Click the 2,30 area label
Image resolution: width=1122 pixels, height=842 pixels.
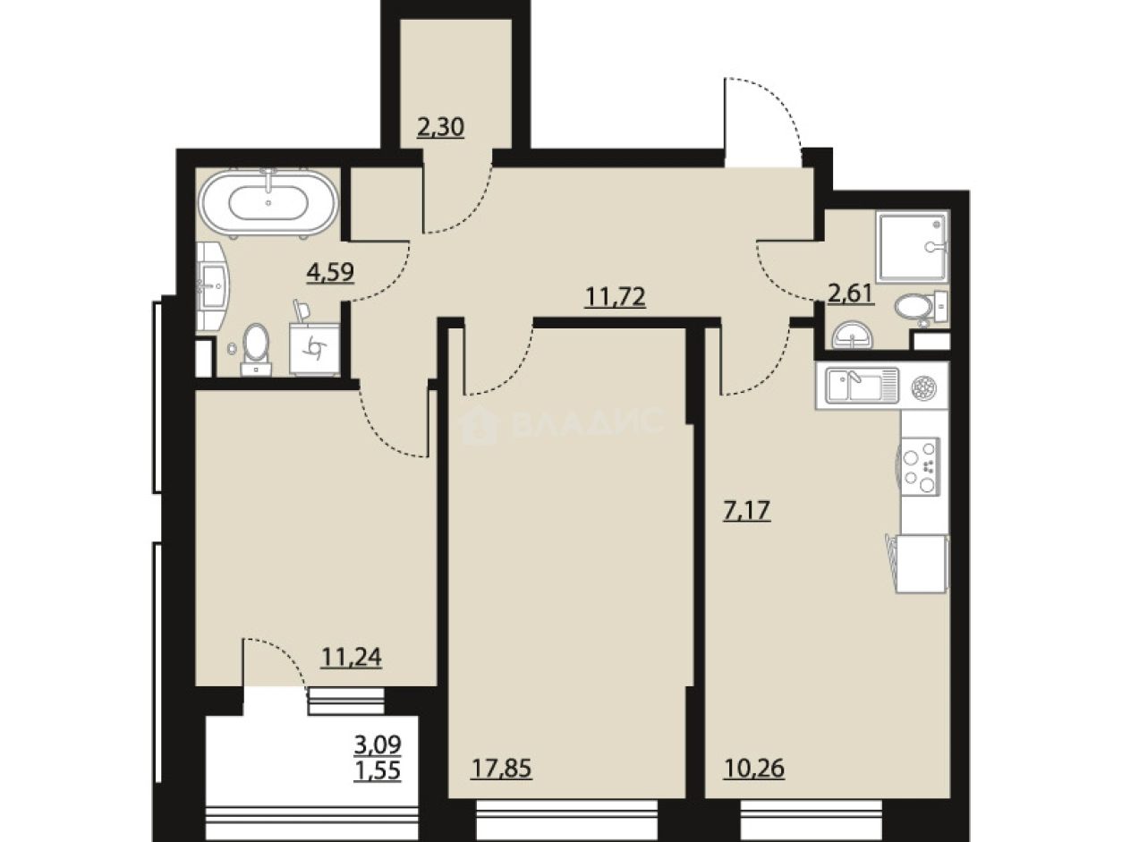click(440, 127)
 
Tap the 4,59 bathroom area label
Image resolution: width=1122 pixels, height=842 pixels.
click(329, 272)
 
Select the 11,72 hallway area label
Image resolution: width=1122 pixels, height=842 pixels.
click(615, 297)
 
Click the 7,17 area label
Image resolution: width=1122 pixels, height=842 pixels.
click(746, 510)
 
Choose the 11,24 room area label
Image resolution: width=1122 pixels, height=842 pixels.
click(351, 657)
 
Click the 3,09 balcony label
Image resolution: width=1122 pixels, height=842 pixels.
click(378, 744)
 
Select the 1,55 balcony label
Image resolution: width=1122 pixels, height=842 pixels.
click(378, 770)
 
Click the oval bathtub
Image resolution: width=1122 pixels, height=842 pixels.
click(268, 203)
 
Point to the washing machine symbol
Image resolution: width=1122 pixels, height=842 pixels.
click(314, 349)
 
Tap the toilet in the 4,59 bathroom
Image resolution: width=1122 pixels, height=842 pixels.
click(256, 350)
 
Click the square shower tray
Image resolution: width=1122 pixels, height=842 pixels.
click(913, 247)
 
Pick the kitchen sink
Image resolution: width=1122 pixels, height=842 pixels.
click(863, 385)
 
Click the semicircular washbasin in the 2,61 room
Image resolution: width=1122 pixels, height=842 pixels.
click(852, 335)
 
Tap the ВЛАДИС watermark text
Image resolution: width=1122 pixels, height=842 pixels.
click(587, 422)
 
